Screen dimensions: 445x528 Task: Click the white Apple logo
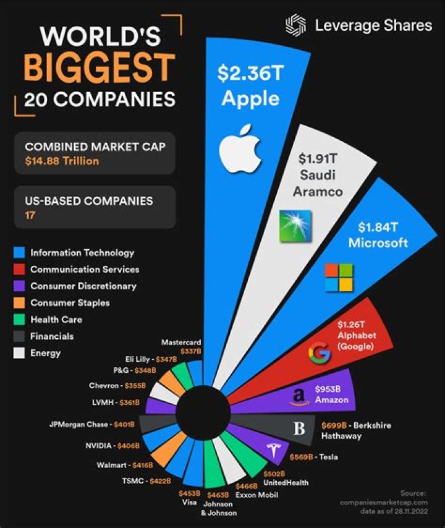point(240,148)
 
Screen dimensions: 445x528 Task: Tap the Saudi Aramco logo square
point(295,226)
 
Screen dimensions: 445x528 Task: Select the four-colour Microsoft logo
point(339,278)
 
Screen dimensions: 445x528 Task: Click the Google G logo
point(319,352)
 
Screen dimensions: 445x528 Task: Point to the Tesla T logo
point(274,451)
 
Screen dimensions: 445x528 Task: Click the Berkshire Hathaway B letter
point(299,428)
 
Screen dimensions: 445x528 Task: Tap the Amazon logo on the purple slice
point(299,397)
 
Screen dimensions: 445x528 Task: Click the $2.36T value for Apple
point(250,74)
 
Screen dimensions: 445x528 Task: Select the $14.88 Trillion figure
point(62,161)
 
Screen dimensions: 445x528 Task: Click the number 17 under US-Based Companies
point(30,215)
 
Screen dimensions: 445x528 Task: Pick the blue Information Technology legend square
point(19,252)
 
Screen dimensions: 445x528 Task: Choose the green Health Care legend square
point(19,319)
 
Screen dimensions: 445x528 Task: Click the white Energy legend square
point(19,353)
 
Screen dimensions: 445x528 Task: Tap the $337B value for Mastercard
point(190,352)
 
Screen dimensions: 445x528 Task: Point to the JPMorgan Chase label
point(78,424)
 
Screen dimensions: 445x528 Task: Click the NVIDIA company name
point(98,446)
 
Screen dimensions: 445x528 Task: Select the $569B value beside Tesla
point(301,457)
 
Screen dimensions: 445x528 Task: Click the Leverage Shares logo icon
point(296,25)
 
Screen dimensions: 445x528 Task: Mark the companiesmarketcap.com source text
point(384,502)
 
